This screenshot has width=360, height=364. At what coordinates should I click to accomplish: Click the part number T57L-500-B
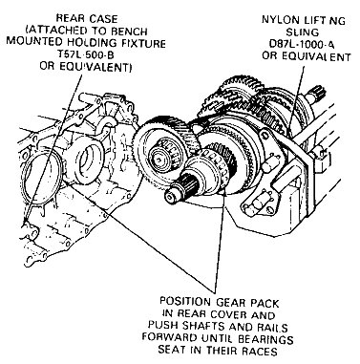coord(87,54)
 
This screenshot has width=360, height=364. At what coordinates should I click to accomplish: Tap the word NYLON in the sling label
coord(278,20)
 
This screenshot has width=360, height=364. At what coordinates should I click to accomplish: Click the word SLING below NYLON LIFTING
coord(302,32)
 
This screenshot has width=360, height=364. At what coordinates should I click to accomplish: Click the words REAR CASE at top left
coord(86,19)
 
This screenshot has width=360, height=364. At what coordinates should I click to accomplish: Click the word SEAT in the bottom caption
coord(174,351)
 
